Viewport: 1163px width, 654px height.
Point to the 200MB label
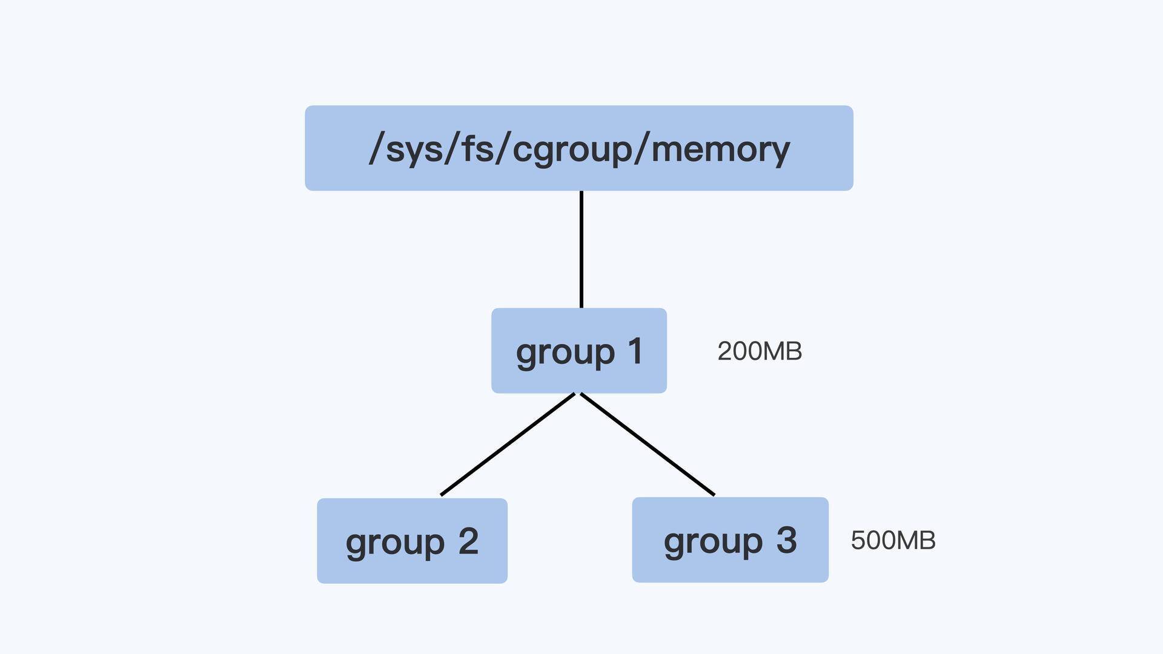pos(760,351)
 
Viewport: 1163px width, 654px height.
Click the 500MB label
pos(893,540)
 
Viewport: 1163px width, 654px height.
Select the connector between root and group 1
pos(581,249)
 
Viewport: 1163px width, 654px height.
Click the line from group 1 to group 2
pos(508,444)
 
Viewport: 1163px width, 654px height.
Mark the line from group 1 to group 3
pos(648,444)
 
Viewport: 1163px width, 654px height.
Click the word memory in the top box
pos(720,149)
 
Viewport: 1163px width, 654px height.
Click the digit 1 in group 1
pos(635,351)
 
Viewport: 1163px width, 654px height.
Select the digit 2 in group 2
pos(468,541)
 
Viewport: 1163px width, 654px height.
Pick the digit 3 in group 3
pos(786,540)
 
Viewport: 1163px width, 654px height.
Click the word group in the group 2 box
pos(395,543)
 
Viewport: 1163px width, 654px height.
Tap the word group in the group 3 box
pos(713,541)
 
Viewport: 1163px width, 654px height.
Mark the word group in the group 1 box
pos(565,352)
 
